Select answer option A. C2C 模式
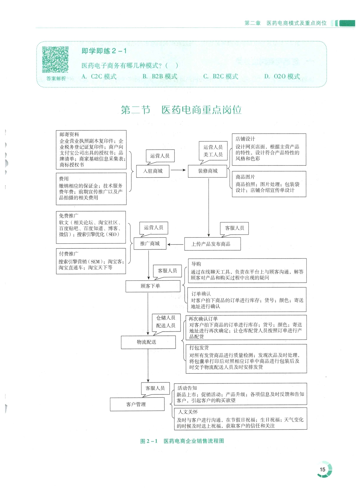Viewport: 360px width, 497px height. click(x=99, y=76)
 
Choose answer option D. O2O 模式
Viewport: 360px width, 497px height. click(x=282, y=76)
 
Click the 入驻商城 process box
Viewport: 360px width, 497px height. click(x=153, y=171)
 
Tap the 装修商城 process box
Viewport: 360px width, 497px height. click(x=207, y=171)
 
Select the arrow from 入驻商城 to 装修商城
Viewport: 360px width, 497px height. click(x=178, y=170)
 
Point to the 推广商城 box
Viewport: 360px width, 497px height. click(x=150, y=244)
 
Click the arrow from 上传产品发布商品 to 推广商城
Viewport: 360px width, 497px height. click(x=175, y=244)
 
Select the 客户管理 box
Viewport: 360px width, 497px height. click(x=137, y=404)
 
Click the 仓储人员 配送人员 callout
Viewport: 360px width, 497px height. click(x=166, y=322)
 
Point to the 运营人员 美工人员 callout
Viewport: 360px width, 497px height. click(x=213, y=151)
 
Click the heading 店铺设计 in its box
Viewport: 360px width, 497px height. click(x=245, y=139)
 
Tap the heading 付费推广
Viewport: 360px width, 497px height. click(x=68, y=254)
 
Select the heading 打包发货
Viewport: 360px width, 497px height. click(x=199, y=348)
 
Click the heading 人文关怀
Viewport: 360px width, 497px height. click(x=188, y=412)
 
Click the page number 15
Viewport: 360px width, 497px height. click(x=323, y=469)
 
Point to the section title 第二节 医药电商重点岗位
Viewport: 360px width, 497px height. click(x=181, y=110)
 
